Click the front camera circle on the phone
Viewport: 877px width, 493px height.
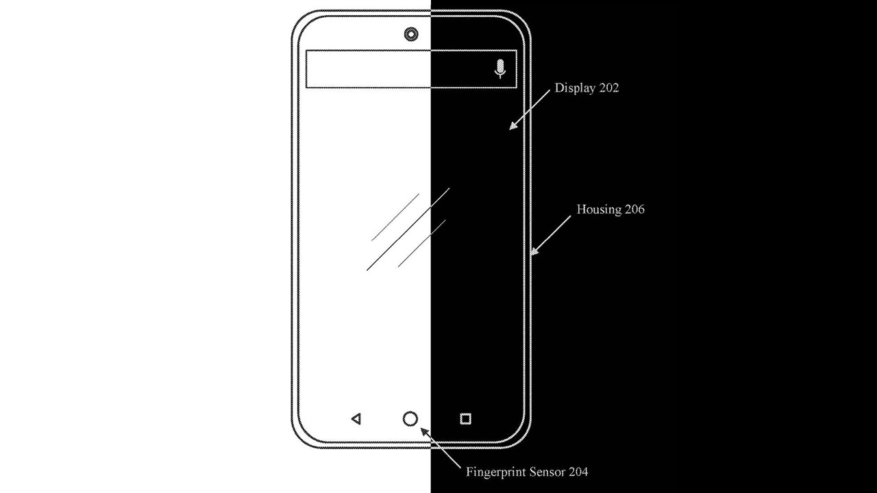click(x=410, y=34)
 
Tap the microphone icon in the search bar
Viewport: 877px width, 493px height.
click(x=499, y=69)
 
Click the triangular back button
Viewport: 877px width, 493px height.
click(x=356, y=419)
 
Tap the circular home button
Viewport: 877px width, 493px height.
click(x=410, y=419)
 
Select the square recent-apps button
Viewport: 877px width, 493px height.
click(x=465, y=419)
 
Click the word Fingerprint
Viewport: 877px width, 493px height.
click(x=495, y=472)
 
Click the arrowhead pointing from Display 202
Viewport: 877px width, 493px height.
click(x=513, y=125)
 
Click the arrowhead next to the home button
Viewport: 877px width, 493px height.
click(x=424, y=432)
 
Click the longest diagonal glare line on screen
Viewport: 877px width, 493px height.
click(x=408, y=229)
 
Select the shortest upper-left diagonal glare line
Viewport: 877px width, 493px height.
click(x=395, y=217)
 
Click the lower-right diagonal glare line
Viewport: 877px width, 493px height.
click(x=421, y=243)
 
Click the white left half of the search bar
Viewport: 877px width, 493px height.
click(x=368, y=69)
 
